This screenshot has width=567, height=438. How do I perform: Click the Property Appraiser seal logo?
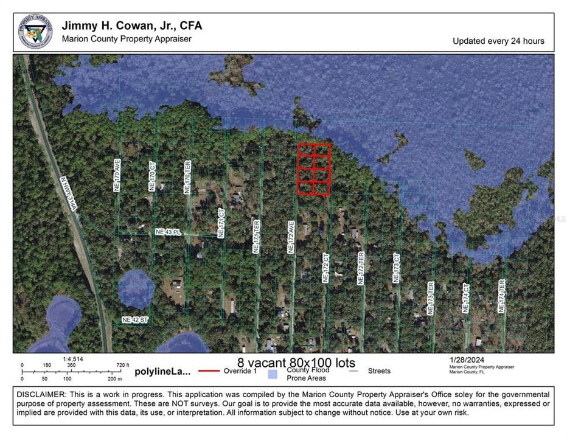point(35,32)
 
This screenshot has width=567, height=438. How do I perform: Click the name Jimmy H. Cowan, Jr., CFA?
point(132,26)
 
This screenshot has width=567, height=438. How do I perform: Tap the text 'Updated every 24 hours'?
point(498,41)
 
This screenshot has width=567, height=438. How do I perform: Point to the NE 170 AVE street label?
point(118,176)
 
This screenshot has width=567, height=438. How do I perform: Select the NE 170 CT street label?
point(153,177)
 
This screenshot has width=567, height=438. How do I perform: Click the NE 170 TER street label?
point(187,177)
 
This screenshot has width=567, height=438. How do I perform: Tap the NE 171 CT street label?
point(222,223)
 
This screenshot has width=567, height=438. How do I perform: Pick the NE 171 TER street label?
point(257,236)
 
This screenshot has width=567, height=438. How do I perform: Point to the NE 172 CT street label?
point(325,268)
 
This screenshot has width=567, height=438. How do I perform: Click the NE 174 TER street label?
point(501,296)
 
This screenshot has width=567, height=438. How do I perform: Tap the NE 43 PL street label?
point(169,232)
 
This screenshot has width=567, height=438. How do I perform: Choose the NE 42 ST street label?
point(135,320)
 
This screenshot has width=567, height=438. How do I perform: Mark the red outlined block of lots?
point(314,169)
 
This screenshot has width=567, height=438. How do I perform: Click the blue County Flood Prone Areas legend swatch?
point(273,374)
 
